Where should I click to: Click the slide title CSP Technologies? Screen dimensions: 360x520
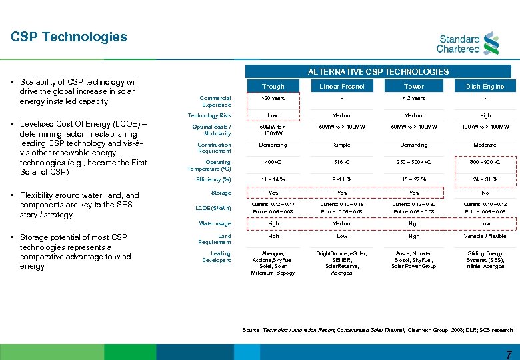click(x=69, y=37)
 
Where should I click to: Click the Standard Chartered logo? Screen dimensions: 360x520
click(x=467, y=43)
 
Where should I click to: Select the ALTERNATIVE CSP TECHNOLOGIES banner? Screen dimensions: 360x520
click(x=377, y=71)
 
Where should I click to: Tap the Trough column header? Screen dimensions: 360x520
click(x=273, y=87)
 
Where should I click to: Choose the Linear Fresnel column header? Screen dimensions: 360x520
click(x=342, y=87)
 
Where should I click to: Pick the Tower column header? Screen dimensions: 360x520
click(x=413, y=87)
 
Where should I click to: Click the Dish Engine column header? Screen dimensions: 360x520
click(x=485, y=87)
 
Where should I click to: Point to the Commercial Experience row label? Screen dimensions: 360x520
click(x=215, y=101)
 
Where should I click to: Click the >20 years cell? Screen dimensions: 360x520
click(x=273, y=98)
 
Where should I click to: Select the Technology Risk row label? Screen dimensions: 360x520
click(x=209, y=115)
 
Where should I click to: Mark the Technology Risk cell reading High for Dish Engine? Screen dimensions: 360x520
click(x=485, y=115)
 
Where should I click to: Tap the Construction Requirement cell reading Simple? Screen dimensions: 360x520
click(x=342, y=145)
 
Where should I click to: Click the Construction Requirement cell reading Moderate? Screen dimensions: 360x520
click(x=485, y=145)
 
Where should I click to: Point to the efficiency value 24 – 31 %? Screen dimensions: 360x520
click(x=485, y=179)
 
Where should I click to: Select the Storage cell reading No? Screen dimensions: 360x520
click(x=485, y=193)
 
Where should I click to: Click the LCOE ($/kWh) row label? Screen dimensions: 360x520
click(x=213, y=208)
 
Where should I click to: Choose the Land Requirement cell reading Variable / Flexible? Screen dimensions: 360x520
click(x=485, y=236)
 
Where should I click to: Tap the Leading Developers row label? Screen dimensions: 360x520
click(x=216, y=257)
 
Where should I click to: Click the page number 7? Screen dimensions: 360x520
click(x=509, y=354)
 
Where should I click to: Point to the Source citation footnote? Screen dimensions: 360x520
click(x=377, y=330)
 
